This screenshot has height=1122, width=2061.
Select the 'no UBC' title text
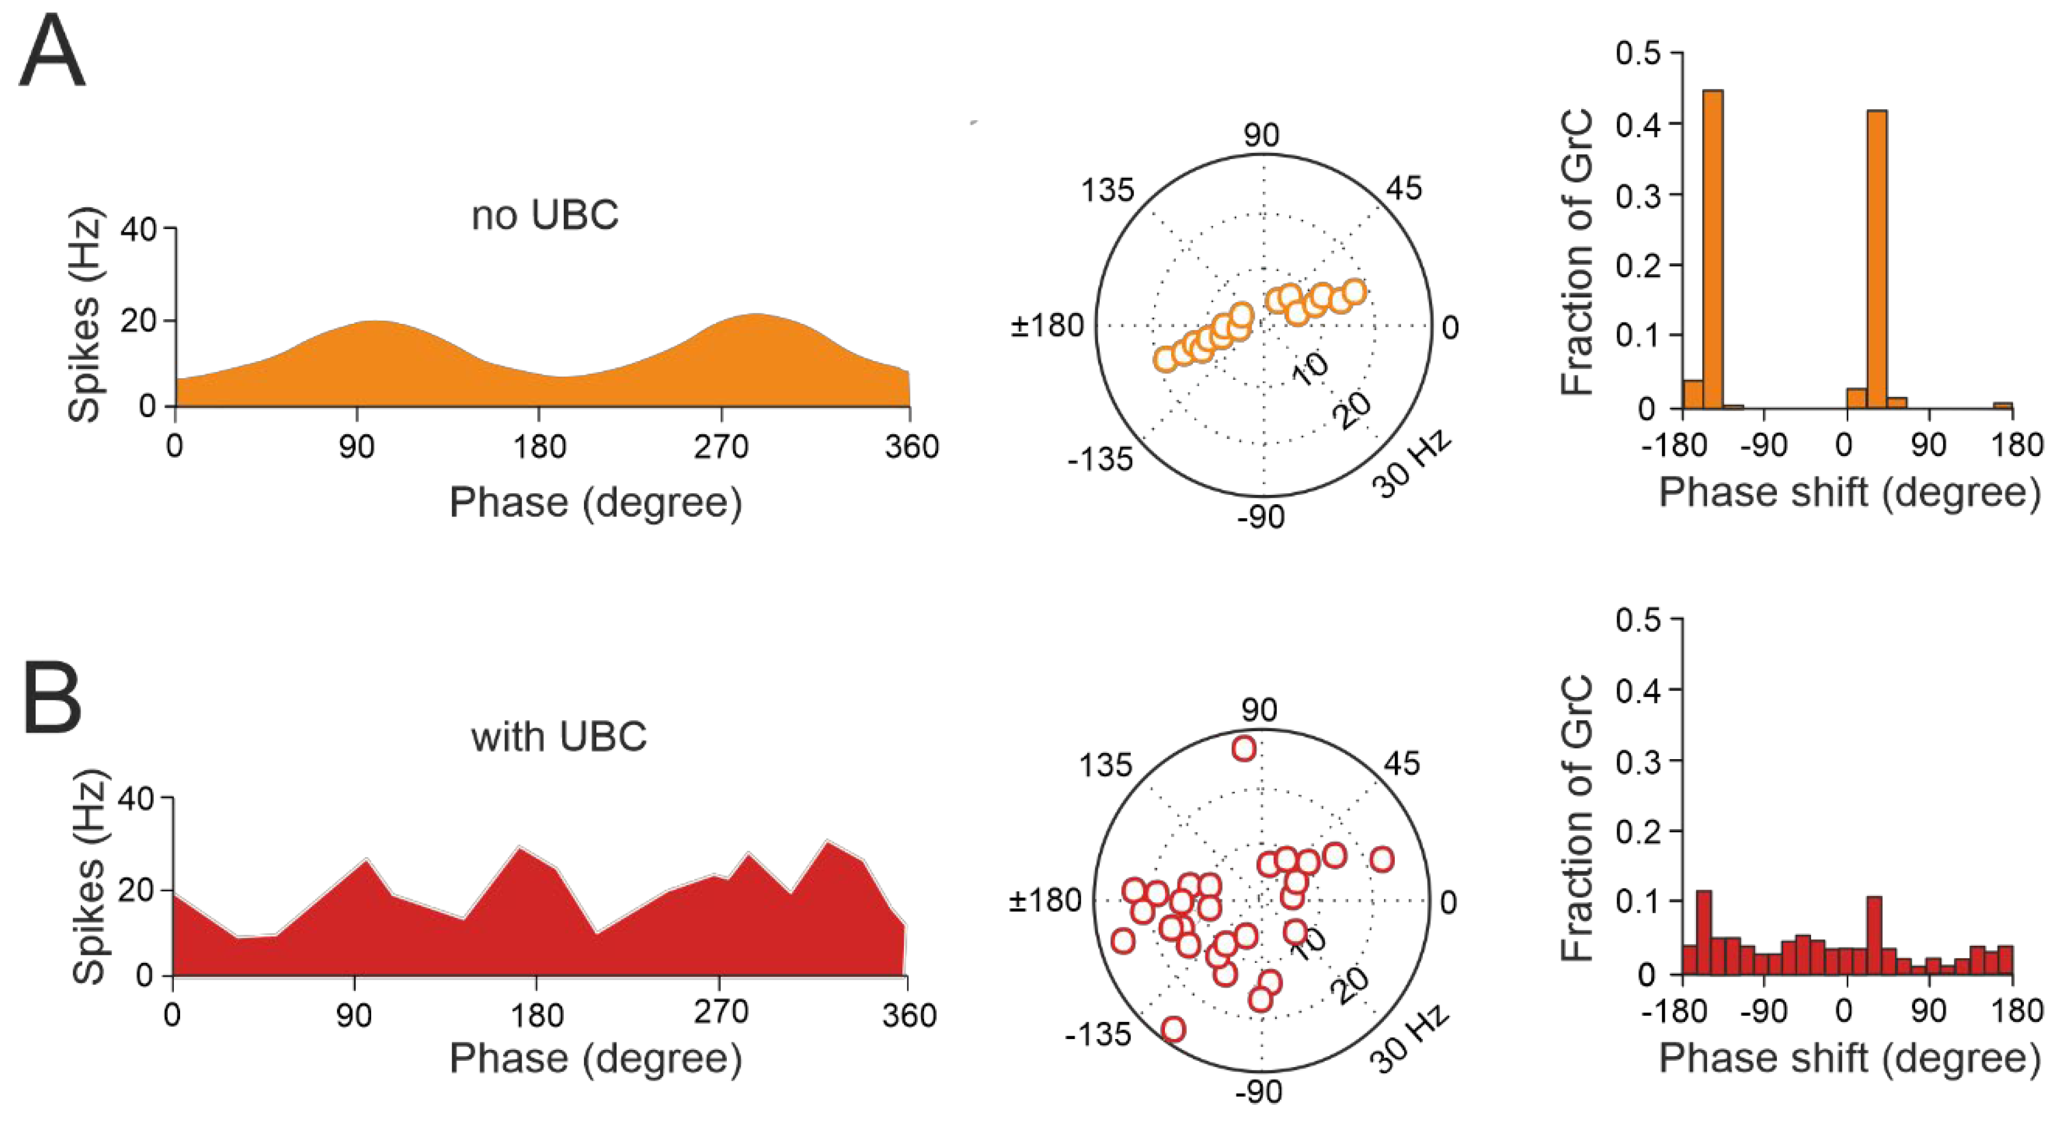[545, 215]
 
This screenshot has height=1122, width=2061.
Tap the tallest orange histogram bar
[1712, 248]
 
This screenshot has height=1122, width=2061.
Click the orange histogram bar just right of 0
[1857, 398]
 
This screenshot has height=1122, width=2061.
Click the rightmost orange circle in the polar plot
[1354, 291]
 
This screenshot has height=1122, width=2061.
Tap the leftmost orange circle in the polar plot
[1165, 359]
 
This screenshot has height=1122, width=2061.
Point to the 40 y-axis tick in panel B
[138, 798]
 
